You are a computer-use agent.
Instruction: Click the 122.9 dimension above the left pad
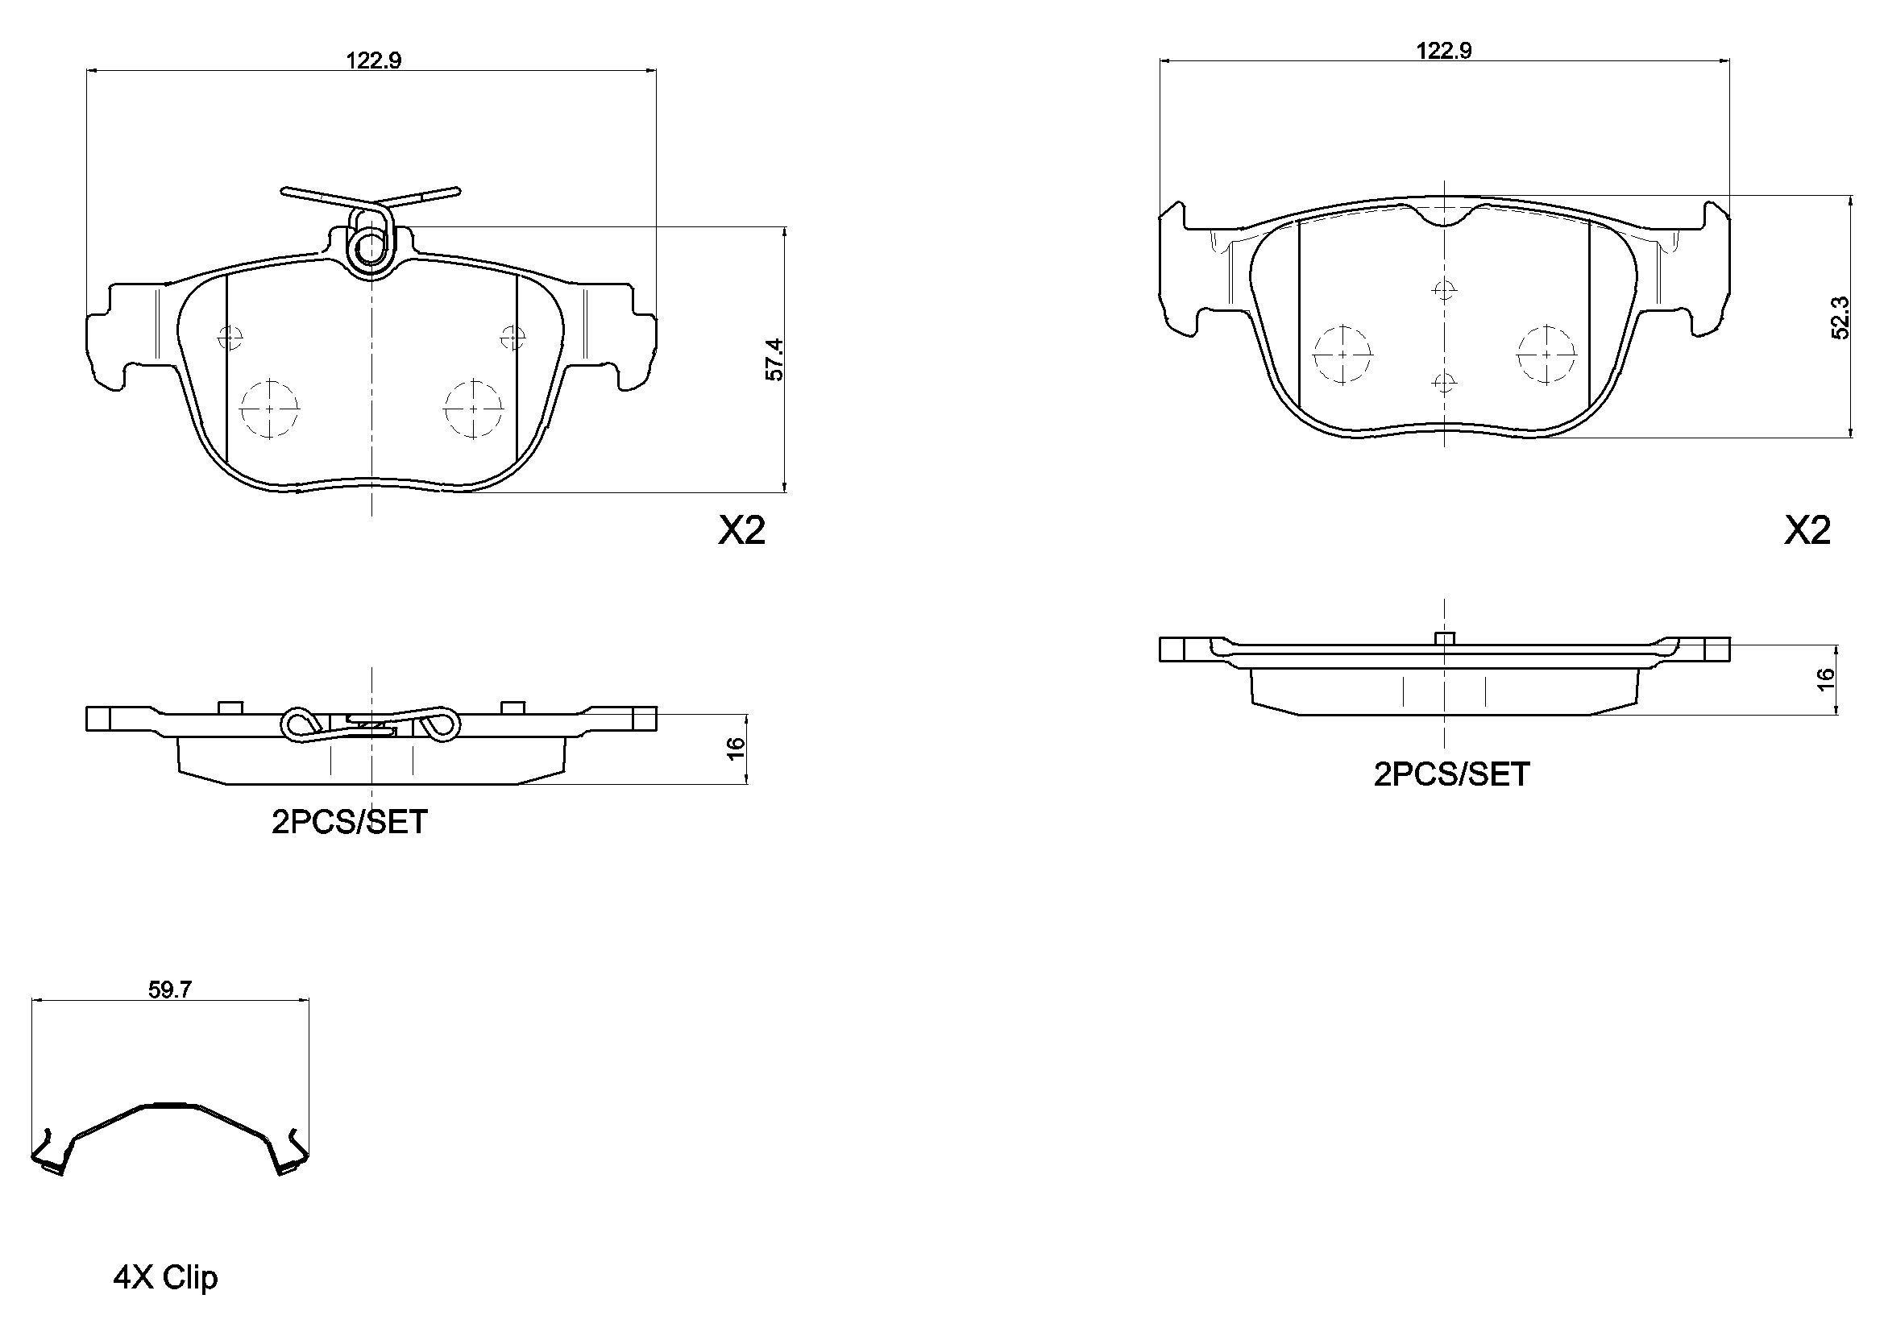click(x=373, y=60)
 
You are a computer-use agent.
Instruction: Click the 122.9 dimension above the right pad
click(x=1443, y=51)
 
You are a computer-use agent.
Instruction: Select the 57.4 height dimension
click(x=774, y=359)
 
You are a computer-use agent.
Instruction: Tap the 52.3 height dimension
click(x=1840, y=317)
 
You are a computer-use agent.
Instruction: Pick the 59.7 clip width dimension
click(x=170, y=990)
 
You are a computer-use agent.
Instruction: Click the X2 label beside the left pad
click(x=742, y=531)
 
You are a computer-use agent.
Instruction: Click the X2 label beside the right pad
click(x=1807, y=531)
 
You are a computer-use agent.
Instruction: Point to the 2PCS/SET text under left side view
click(x=350, y=822)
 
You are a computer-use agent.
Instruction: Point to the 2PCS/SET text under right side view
click(x=1451, y=774)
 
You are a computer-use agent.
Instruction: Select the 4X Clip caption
click(x=165, y=1277)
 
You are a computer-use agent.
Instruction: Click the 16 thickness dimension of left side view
click(x=736, y=748)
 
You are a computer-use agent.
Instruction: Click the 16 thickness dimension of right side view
click(x=1825, y=678)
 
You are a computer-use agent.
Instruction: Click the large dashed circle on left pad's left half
click(x=270, y=408)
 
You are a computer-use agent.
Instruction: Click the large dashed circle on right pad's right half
click(x=1546, y=355)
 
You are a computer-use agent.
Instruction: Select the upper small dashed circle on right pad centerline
click(x=1443, y=290)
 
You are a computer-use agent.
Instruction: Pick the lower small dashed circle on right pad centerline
click(x=1443, y=382)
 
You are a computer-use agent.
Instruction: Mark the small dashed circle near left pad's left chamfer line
click(x=231, y=337)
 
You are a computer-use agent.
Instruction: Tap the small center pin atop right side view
click(x=1443, y=637)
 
